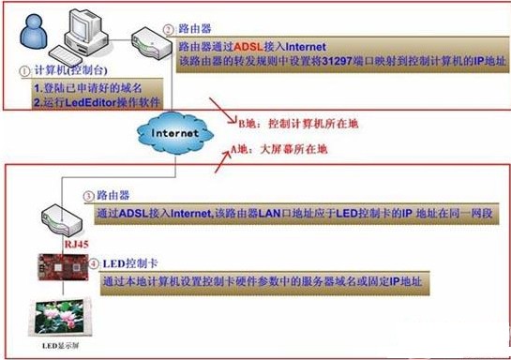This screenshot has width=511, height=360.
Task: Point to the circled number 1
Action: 26,70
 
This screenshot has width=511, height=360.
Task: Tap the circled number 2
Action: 167,29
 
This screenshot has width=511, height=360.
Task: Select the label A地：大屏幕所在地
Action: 282,147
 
